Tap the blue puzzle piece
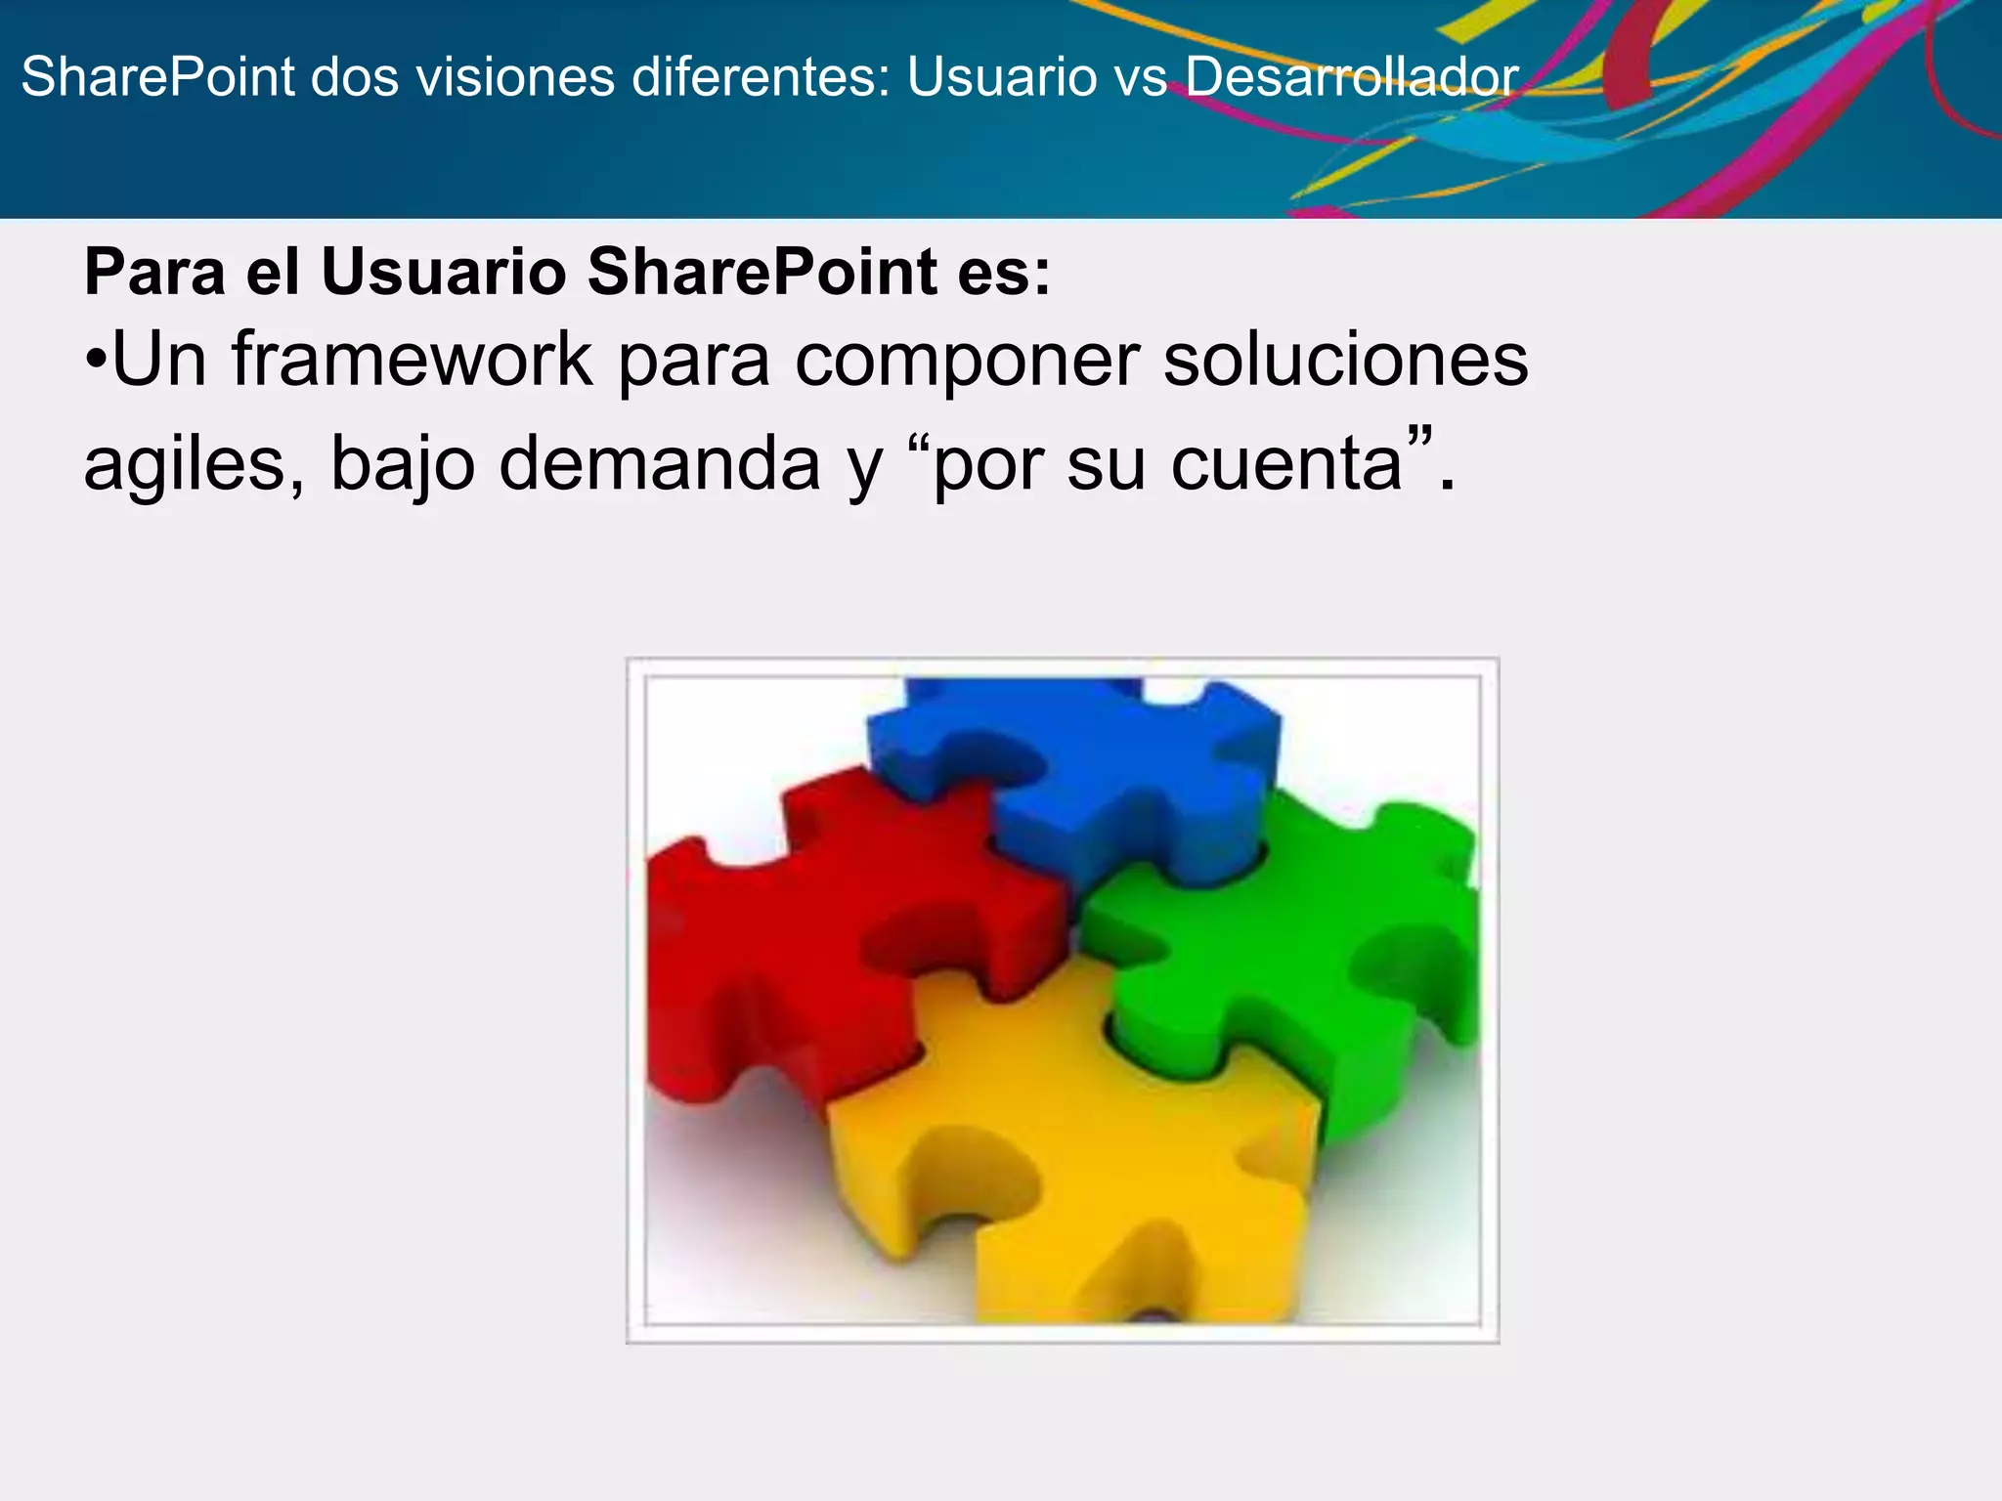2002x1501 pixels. click(x=1085, y=772)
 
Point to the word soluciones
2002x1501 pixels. click(x=1345, y=360)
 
